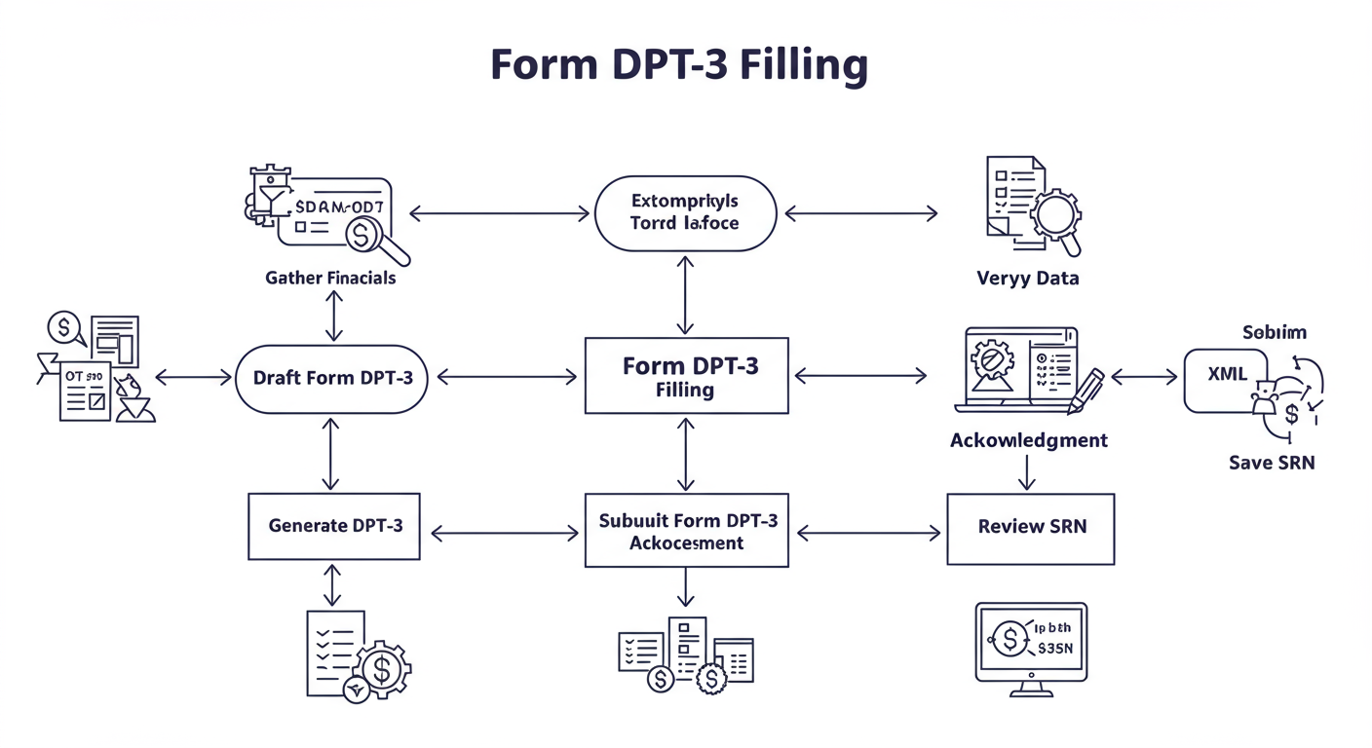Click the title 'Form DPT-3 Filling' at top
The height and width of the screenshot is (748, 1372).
[678, 65]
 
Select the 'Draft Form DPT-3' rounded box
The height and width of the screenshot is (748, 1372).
[332, 378]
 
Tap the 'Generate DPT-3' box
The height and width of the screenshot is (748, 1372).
[334, 526]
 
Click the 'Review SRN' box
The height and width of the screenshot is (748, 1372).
[1030, 527]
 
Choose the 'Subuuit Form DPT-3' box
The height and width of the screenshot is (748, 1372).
[686, 531]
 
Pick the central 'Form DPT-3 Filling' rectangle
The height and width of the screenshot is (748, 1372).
[686, 377]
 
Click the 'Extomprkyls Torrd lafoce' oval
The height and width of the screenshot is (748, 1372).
[685, 212]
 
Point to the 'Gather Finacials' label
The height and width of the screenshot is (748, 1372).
[330, 279]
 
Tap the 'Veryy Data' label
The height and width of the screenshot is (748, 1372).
[1027, 279]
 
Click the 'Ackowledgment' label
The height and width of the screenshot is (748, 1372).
[1028, 440]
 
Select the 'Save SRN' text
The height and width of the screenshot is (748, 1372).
[1271, 463]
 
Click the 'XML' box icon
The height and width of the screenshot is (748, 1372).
[1226, 376]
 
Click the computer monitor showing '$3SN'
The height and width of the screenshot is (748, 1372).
[1031, 642]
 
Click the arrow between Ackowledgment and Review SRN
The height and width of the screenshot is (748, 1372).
[1026, 471]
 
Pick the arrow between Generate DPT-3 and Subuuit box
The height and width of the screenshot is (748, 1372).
[504, 533]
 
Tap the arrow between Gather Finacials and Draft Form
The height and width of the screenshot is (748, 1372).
[334, 316]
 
